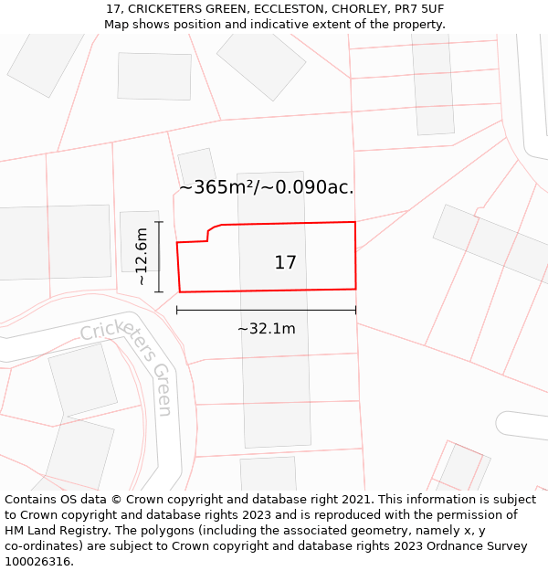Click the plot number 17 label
tap(285, 263)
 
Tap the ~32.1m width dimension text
tap(266, 329)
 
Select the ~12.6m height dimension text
tap(142, 257)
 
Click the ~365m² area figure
tap(216, 187)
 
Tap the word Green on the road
tap(162, 389)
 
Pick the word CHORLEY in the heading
tap(335, 9)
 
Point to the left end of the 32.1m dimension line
tap(177, 311)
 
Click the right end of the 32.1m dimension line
tap(355, 311)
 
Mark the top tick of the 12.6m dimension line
tap(159, 222)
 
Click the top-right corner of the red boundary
tap(354, 222)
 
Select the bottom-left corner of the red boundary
tap(180, 292)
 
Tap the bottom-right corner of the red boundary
tap(355, 289)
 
